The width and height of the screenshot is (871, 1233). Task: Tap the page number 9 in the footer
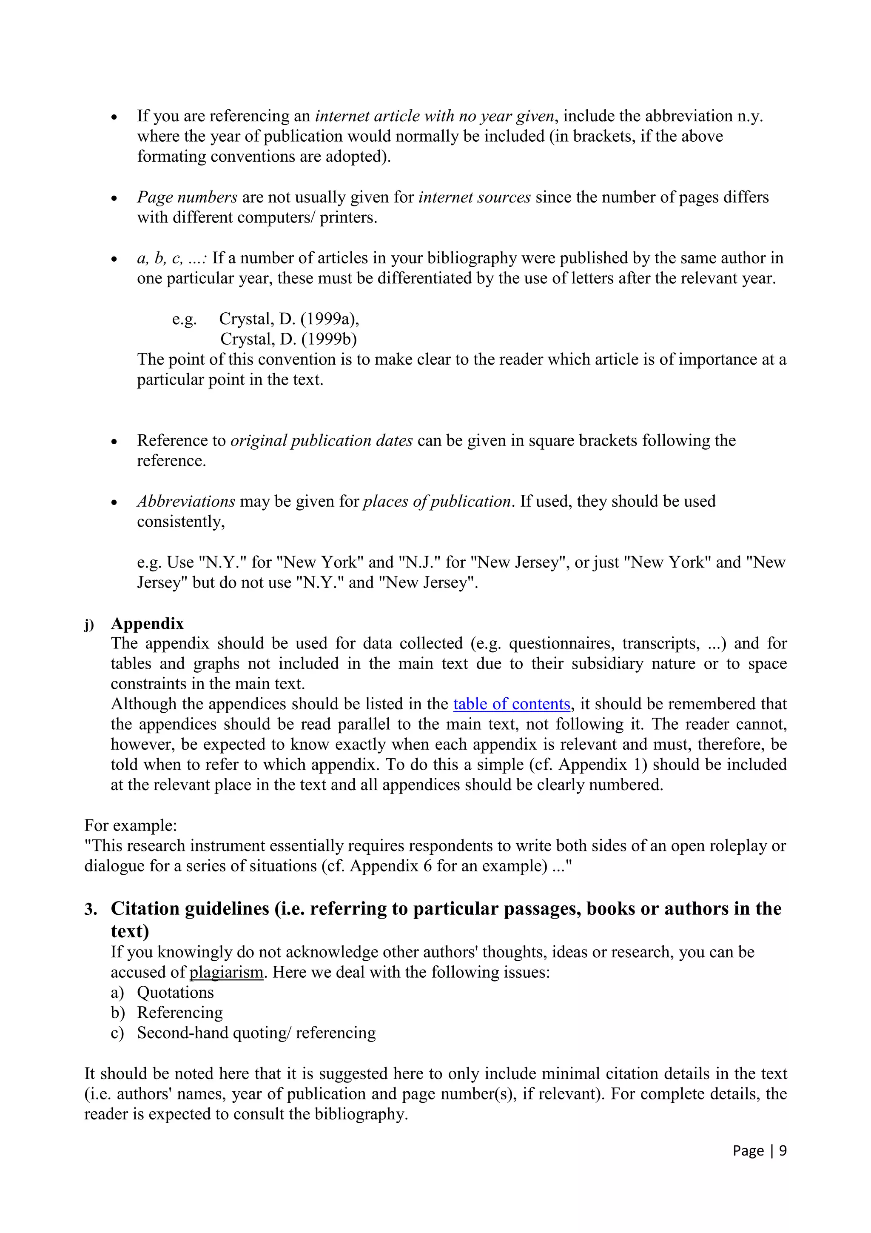(783, 1151)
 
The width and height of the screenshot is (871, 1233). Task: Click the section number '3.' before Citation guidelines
(91, 909)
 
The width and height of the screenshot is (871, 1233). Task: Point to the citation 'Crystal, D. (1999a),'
(289, 319)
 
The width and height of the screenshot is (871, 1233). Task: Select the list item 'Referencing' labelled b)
(180, 1012)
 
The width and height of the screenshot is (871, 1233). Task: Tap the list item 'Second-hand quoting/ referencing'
(256, 1033)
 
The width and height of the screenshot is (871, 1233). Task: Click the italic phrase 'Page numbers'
(187, 197)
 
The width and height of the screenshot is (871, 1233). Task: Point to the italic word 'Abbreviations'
(186, 501)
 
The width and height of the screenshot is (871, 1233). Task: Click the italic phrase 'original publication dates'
(321, 440)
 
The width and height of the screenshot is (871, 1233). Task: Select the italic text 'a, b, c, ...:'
(172, 258)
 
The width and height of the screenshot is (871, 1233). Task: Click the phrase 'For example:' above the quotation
(131, 825)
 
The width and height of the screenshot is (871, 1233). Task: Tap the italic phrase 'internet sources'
(474, 197)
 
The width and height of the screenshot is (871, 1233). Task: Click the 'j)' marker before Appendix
(88, 625)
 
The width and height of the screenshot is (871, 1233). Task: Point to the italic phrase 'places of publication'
(437, 501)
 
